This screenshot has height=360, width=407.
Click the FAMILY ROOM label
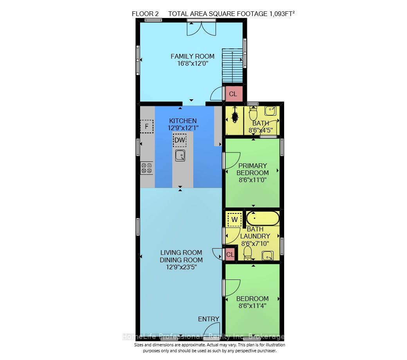tap(192, 56)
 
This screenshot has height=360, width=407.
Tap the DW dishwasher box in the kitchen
tap(180, 140)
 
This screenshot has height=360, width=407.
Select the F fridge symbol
tap(147, 127)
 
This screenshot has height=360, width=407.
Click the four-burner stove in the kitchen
tap(147, 168)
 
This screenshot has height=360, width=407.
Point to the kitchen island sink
tap(180, 156)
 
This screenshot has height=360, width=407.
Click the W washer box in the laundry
tap(234, 220)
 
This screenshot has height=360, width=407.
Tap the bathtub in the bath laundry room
tap(263, 219)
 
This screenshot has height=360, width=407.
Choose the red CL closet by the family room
tap(233, 94)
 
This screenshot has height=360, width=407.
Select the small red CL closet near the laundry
tap(230, 254)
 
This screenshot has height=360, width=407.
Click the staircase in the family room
tap(232, 66)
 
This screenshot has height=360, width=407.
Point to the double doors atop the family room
tap(202, 29)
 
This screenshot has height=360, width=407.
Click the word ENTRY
tap(209, 319)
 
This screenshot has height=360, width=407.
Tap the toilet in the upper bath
tap(253, 113)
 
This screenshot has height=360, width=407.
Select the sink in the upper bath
tap(270, 111)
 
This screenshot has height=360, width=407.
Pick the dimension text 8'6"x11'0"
tap(252, 180)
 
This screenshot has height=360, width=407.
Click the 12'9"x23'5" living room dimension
tap(182, 267)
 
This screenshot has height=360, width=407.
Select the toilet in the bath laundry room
tap(248, 253)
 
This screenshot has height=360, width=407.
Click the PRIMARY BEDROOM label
tap(252, 169)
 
